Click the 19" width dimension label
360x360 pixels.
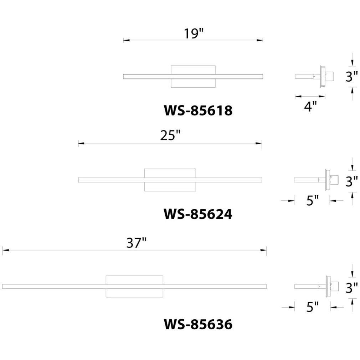point(194,34)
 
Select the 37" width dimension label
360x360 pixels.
point(137,243)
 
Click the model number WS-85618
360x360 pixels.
point(198,110)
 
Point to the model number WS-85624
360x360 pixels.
point(198,214)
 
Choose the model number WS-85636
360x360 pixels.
point(198,324)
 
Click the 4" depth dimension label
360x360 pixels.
point(310,106)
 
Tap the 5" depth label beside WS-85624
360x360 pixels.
point(313,200)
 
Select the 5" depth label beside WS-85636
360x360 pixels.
point(313,307)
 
